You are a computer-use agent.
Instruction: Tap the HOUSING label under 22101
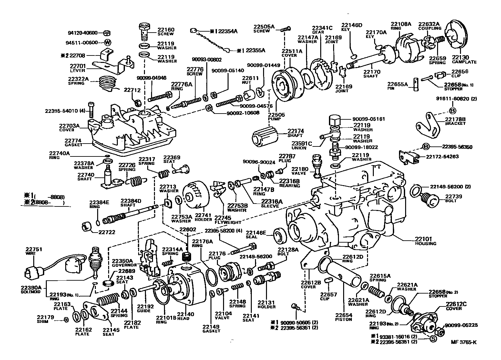point(425,244)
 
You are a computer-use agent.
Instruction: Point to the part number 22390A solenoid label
point(31,287)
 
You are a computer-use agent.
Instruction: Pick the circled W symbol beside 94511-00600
point(108,43)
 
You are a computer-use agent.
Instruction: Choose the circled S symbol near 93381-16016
point(433,338)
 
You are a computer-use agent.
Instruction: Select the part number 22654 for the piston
point(343,315)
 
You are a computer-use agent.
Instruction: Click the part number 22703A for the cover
point(69,126)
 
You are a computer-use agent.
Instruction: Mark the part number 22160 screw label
point(166,30)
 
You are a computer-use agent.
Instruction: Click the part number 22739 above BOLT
point(454,196)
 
